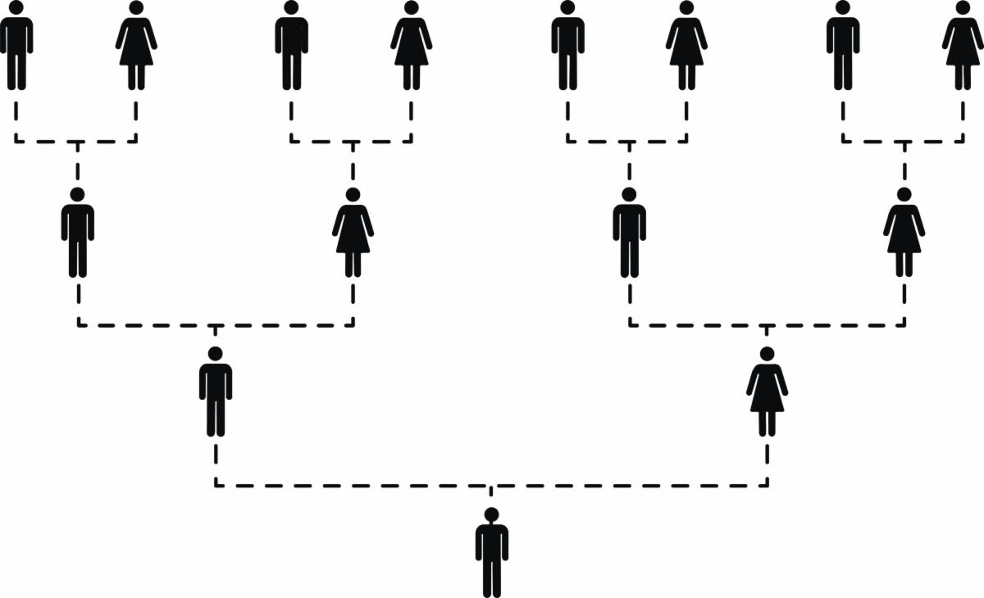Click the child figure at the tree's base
point(491,553)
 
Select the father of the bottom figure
point(216,392)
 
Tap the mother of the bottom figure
point(767,392)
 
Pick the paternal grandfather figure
point(78,233)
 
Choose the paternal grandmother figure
point(353,233)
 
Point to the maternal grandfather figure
point(629,233)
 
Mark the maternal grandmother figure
point(904,233)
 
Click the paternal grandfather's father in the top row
point(16,45)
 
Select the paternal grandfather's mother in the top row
point(136,45)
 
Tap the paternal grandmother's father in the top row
point(291,45)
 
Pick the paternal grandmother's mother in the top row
point(411,45)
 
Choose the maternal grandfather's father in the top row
point(567,45)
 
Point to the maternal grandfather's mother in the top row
point(686,45)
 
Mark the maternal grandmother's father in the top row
point(843,45)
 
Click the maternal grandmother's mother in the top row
point(963,45)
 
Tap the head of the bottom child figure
point(491,514)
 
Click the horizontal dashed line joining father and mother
point(369,485)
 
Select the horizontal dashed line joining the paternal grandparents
point(148,325)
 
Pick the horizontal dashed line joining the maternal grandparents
point(836,325)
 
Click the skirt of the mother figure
point(767,399)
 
